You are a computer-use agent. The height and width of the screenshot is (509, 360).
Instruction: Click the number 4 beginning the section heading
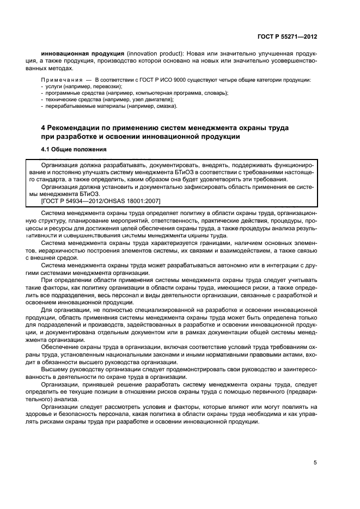pyautogui.click(x=44, y=127)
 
